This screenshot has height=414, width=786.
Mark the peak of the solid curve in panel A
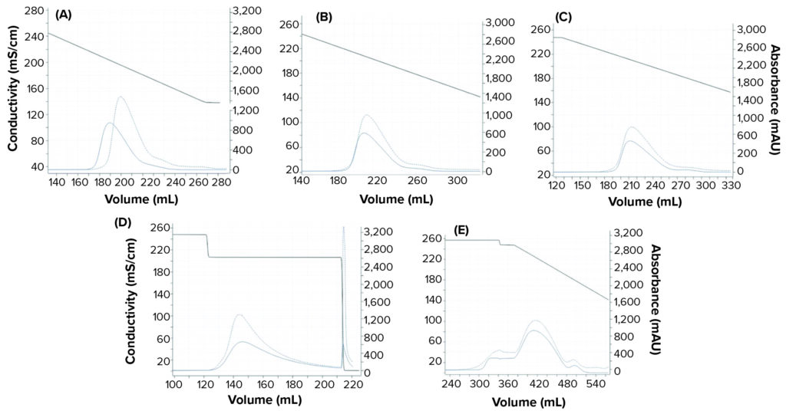click(110, 123)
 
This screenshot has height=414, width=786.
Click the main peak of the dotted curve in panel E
click(535, 320)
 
